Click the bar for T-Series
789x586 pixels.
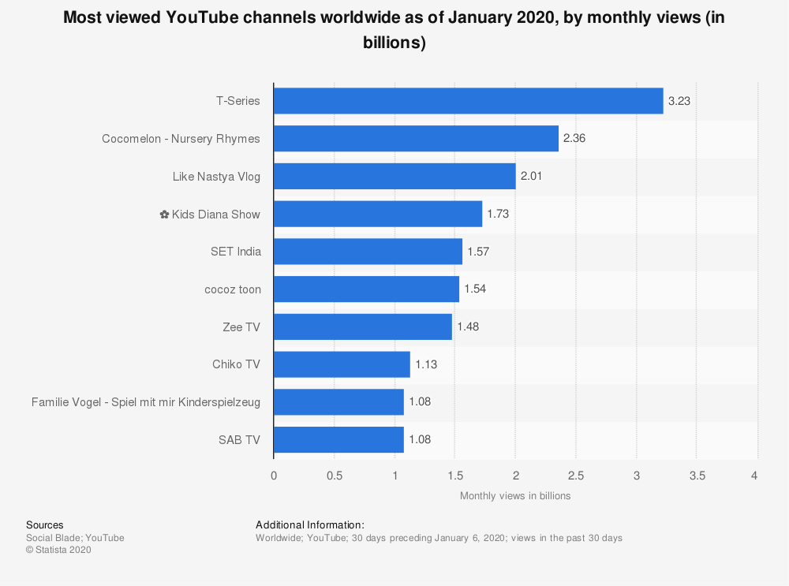click(x=468, y=101)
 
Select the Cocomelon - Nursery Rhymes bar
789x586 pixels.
click(x=416, y=139)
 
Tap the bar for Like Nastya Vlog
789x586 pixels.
click(x=394, y=177)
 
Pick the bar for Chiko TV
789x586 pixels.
click(x=342, y=364)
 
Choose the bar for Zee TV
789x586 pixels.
click(x=363, y=327)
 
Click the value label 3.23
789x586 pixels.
click(x=679, y=101)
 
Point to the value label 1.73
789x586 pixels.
click(x=498, y=214)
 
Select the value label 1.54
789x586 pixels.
click(x=475, y=289)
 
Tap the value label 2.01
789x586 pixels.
click(x=532, y=177)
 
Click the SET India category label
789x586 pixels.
click(x=235, y=252)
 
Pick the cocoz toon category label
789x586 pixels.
click(x=232, y=289)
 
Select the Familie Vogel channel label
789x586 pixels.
click(x=146, y=402)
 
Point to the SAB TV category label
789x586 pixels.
click(x=239, y=440)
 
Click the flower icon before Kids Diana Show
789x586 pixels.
click(x=164, y=214)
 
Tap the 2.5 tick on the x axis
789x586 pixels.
click(x=576, y=476)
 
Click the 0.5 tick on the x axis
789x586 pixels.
click(x=334, y=476)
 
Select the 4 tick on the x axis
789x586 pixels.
click(x=754, y=476)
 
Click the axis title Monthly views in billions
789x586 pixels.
click(x=515, y=496)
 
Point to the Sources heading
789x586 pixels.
click(x=45, y=525)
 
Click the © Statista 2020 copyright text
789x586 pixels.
click(x=59, y=551)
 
